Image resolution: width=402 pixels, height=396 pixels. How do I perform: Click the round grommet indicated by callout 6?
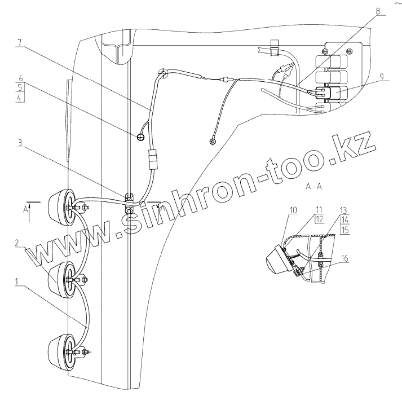tap(142, 137)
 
